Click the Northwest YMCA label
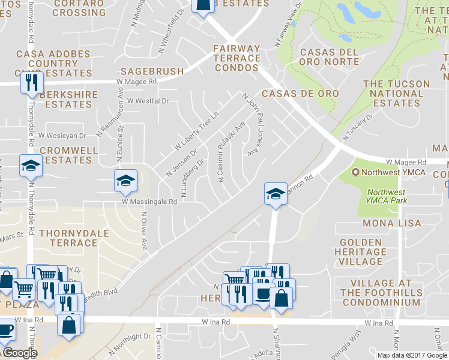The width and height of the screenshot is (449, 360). pos(394,173)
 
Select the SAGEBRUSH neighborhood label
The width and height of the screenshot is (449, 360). pos(152,71)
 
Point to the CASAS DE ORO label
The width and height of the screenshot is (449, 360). pos(300,94)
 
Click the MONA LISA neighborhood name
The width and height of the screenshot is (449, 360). pos(394,223)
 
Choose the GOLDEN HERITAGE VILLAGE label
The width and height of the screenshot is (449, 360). pos(361,251)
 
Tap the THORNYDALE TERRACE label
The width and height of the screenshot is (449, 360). pos(68,237)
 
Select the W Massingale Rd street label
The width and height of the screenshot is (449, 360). pos(149,202)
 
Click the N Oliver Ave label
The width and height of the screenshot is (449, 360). pos(144,231)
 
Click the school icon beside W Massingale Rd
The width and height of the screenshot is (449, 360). pos(126,180)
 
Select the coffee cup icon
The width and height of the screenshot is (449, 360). pos(262,292)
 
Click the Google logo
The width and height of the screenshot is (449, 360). pos(19,353)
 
